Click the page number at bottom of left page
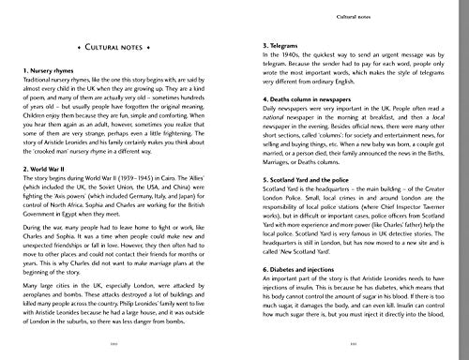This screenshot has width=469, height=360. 117,347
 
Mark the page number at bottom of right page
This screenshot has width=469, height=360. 347,347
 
